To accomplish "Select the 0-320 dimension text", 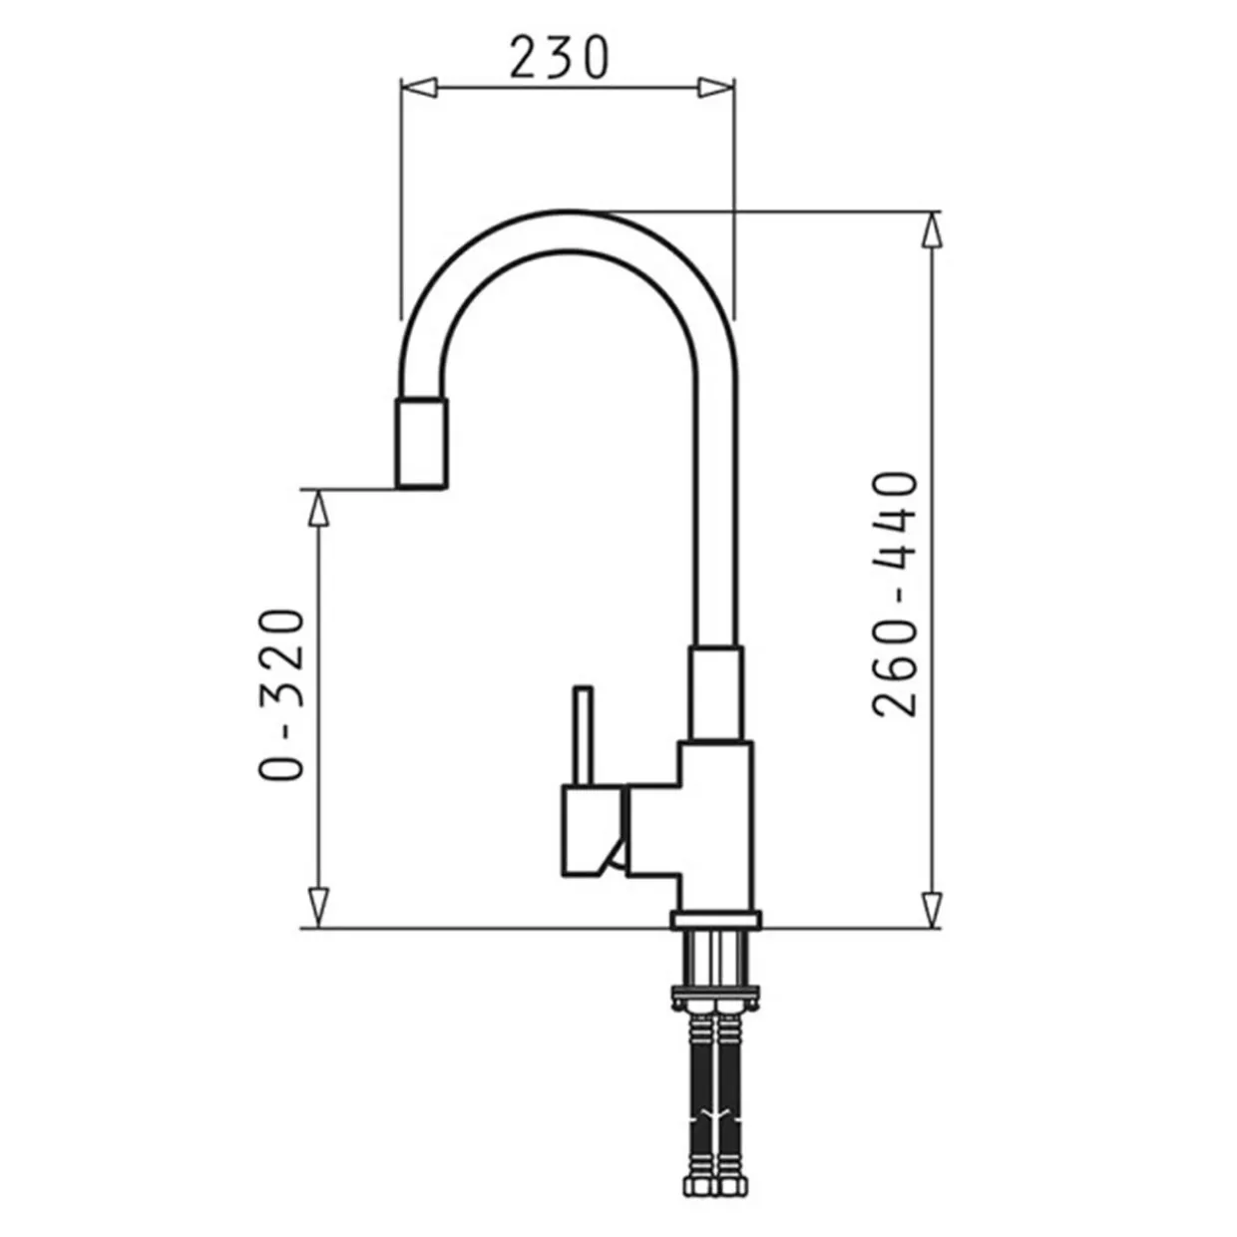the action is coord(280,694).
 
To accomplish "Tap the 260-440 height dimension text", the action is coord(896,594).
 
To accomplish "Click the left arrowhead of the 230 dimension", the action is coord(419,88).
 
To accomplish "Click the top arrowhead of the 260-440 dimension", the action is coord(932,229).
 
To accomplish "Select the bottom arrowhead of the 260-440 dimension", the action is coord(932,909).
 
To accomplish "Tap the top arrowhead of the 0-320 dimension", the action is coord(319,508).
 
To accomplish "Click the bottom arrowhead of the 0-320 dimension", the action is coord(319,909).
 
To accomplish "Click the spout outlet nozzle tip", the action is coord(421,443).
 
